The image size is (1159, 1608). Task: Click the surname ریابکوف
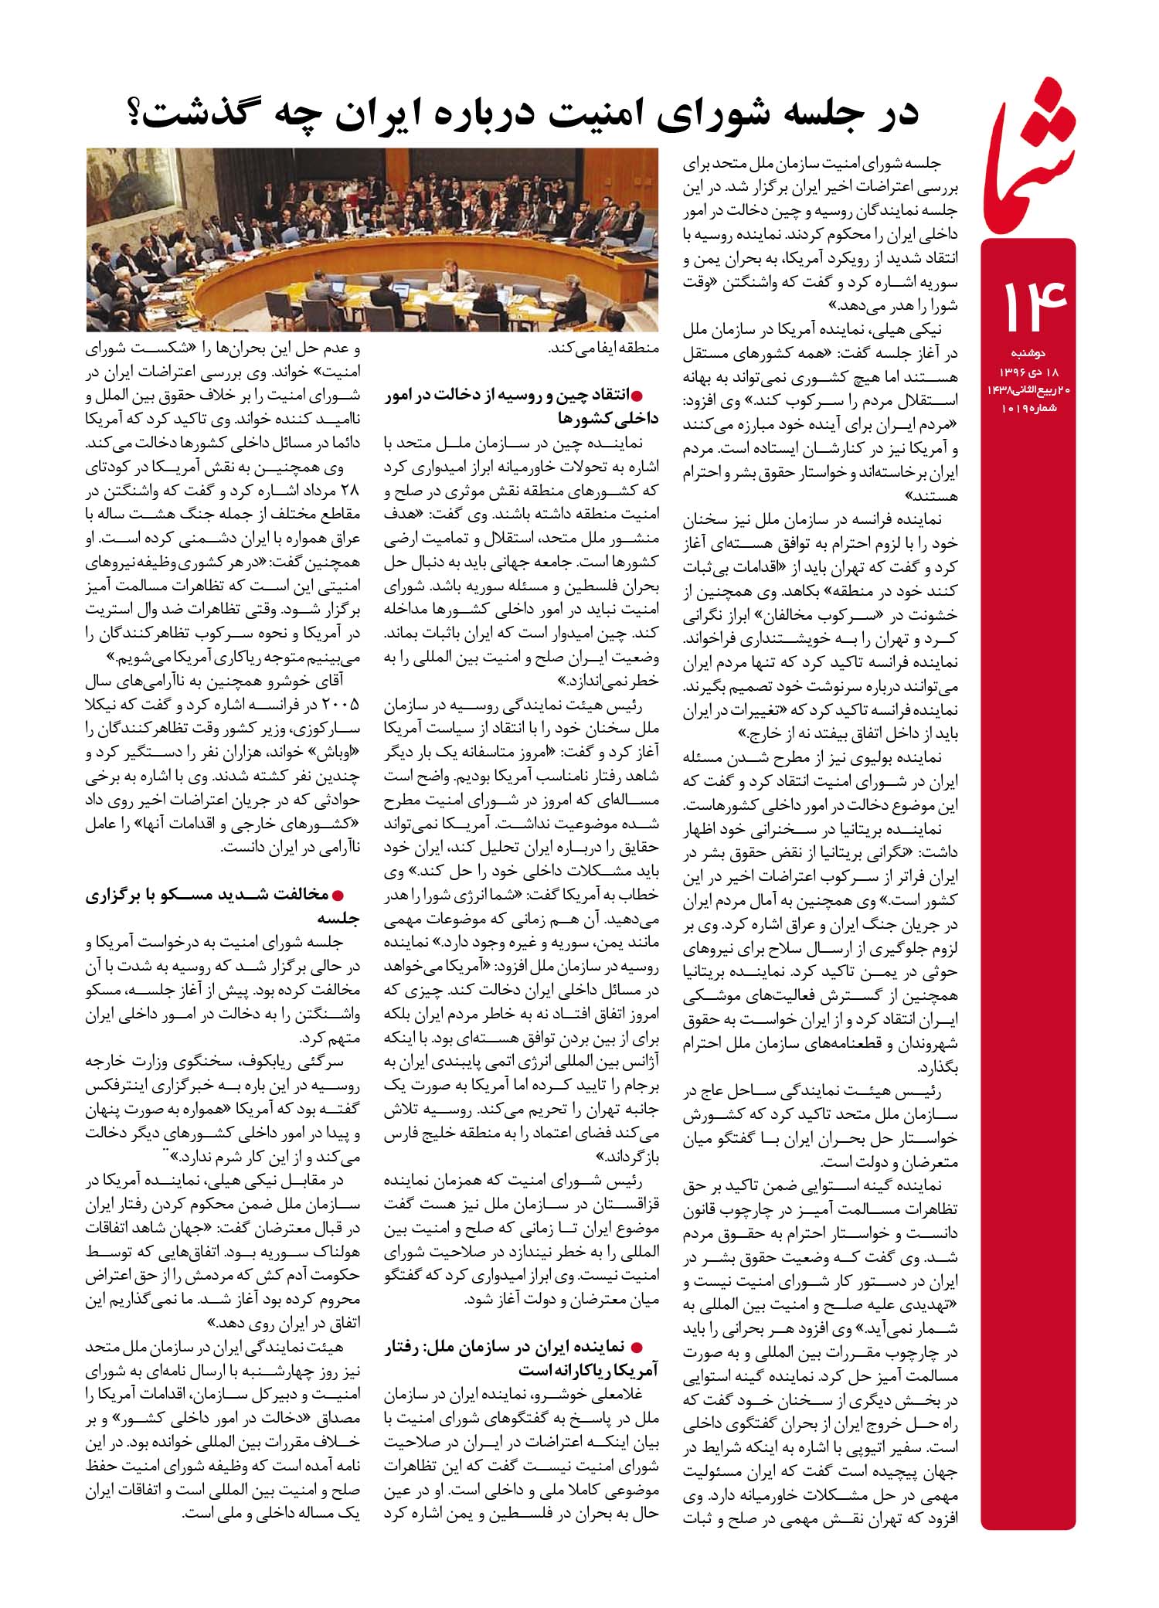pyautogui.click(x=291, y=1062)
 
